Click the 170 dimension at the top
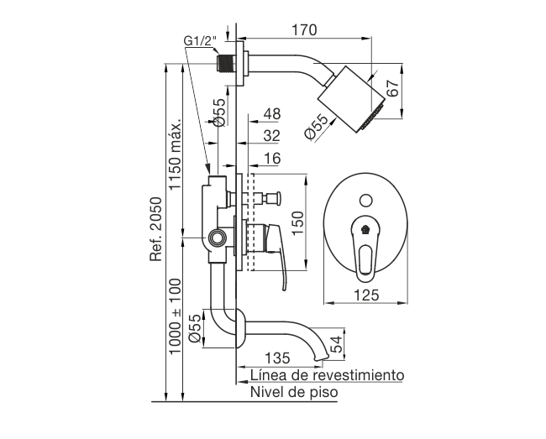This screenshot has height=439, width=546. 304,30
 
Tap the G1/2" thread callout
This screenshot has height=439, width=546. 200,41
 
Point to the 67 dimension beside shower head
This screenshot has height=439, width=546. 392,88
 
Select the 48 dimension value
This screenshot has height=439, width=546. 272,114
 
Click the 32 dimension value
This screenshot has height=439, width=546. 272,136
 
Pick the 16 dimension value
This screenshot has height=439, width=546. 272,159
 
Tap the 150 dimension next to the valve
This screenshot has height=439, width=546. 297,223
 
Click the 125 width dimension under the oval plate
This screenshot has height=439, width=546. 366,295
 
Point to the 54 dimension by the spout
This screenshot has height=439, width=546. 336,344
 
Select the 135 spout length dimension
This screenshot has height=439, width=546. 277,358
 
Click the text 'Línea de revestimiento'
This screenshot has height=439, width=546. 328,375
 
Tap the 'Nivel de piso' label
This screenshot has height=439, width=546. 294,392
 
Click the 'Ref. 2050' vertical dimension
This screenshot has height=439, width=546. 156,229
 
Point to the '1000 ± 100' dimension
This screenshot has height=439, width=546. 175,316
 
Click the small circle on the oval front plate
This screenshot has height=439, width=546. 366,201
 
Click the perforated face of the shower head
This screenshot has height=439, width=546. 373,116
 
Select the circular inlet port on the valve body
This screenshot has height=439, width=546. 218,238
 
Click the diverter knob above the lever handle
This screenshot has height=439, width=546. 273,199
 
